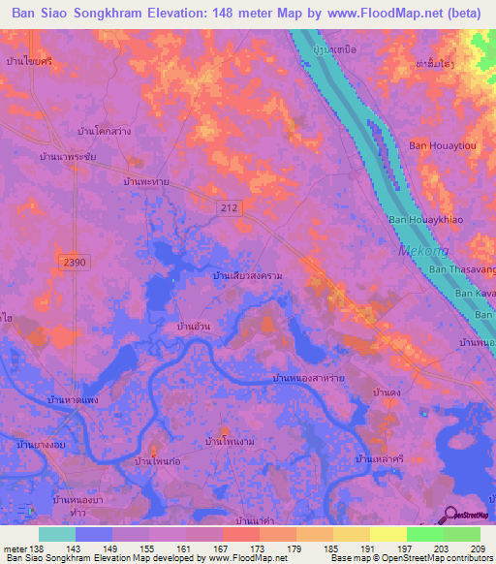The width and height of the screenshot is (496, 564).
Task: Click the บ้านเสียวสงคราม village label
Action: (248, 277)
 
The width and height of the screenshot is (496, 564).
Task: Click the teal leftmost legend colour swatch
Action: (57, 534)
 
